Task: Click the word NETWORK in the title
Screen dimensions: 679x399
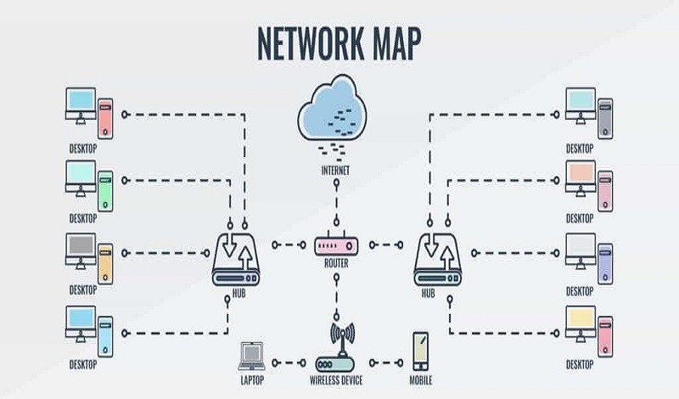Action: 311,44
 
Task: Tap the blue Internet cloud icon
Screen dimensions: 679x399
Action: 332,108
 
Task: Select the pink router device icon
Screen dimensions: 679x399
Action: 336,244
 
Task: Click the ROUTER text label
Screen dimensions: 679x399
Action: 336,263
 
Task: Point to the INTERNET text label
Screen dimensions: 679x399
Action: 335,171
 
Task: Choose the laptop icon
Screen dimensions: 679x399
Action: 251,357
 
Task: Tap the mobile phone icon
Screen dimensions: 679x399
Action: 420,351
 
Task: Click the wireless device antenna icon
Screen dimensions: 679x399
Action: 336,347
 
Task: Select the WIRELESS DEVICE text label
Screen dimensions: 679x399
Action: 336,380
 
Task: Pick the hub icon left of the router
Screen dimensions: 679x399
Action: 236,259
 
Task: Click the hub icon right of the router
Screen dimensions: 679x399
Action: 437,259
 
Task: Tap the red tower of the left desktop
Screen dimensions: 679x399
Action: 105,119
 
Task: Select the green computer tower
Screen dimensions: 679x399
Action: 105,192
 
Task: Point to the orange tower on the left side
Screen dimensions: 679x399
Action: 105,264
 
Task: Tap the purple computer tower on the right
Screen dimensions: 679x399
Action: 605,264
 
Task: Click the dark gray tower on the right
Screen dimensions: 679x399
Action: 605,119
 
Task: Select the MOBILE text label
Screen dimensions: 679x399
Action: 421,380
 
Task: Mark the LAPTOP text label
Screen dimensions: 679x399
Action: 252,380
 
